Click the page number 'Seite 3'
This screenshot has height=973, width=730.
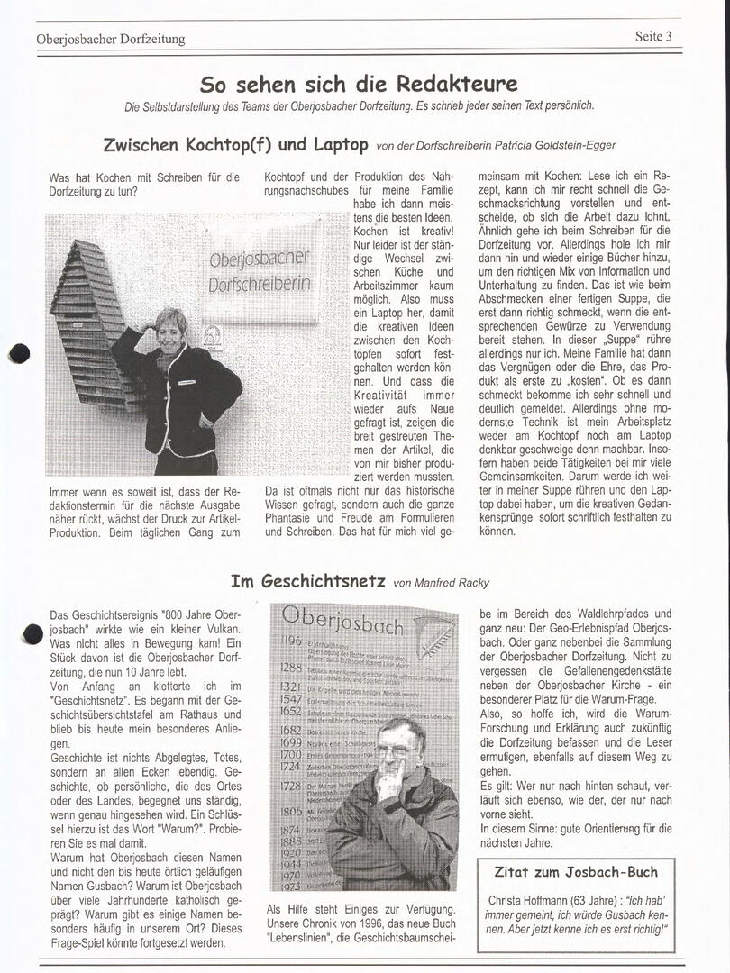653,36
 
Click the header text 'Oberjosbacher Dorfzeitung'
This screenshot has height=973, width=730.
110,39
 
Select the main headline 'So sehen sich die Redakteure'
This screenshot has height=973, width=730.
359,85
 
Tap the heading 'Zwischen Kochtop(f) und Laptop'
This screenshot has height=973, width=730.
236,144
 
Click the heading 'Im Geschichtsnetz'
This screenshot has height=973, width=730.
308,581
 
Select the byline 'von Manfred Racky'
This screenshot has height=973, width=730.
440,583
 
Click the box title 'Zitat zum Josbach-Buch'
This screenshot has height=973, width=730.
576,872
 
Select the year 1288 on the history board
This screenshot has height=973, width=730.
290,668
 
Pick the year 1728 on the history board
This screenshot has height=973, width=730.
290,787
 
